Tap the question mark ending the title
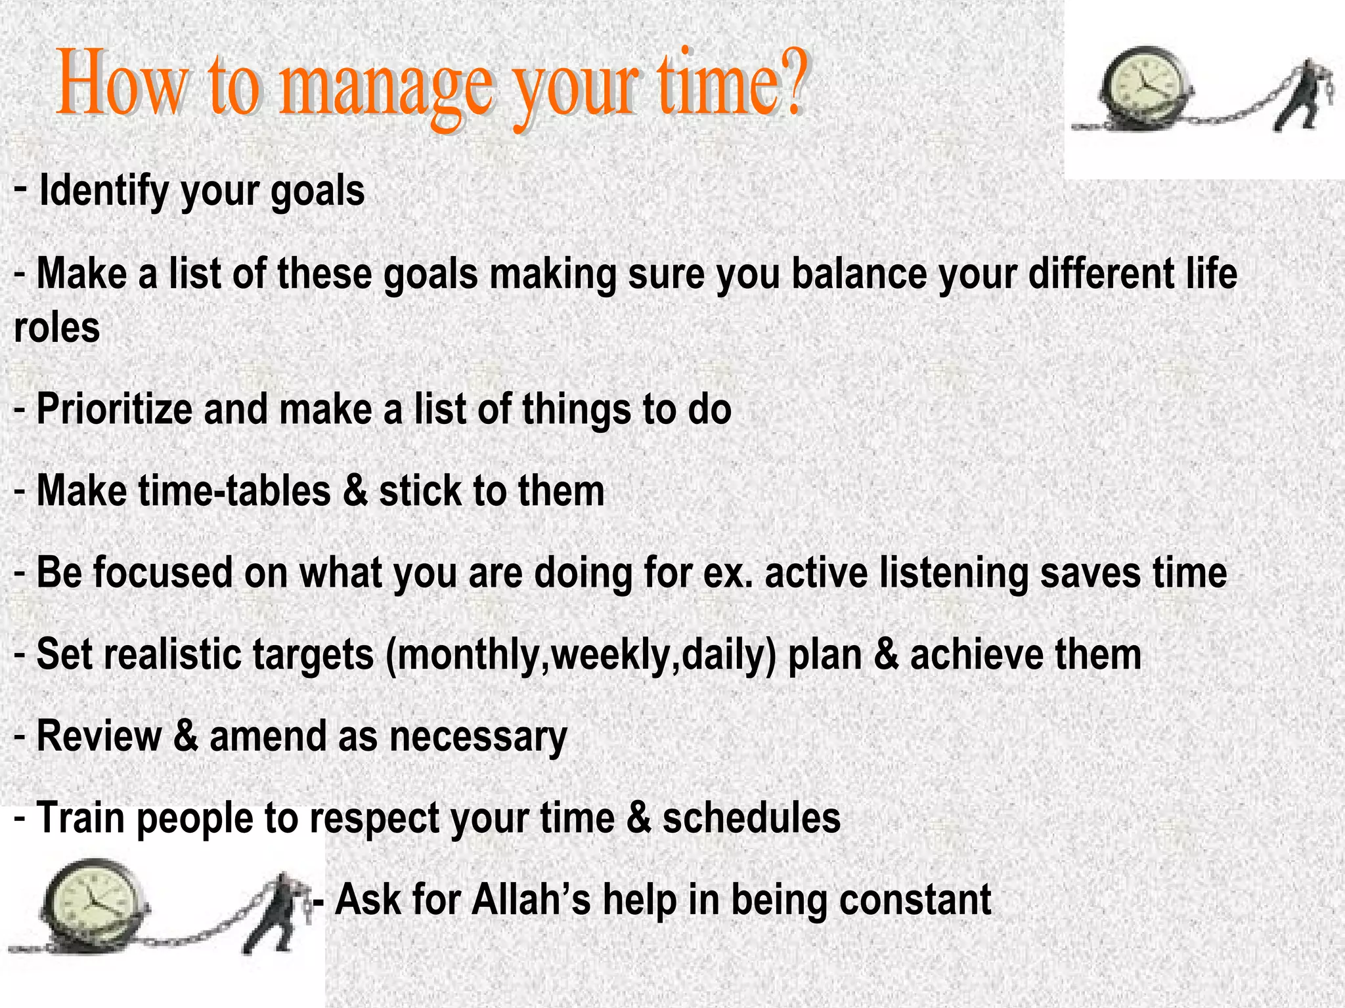point(791,82)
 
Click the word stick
point(420,491)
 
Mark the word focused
point(163,572)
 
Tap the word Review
point(99,736)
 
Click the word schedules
point(751,818)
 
